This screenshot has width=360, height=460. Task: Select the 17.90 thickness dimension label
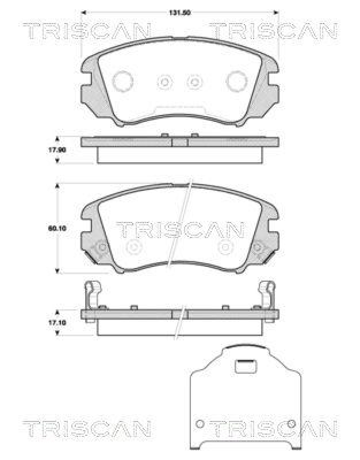tap(57, 150)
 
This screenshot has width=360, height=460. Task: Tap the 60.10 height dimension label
tap(57, 228)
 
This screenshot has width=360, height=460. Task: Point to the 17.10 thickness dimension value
tap(57, 323)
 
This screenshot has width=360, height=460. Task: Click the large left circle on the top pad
tap(122, 82)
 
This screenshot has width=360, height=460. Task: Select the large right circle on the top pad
tap(237, 82)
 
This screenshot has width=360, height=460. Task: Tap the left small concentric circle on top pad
tap(164, 82)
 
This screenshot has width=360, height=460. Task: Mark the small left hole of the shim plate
tap(200, 424)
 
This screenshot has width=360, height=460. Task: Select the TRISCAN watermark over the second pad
tap(180, 230)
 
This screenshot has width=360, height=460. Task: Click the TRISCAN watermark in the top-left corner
tap(87, 31)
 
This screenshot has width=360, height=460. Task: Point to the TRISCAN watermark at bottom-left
tap(87, 428)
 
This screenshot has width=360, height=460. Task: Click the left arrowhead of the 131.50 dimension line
tap(83, 11)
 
